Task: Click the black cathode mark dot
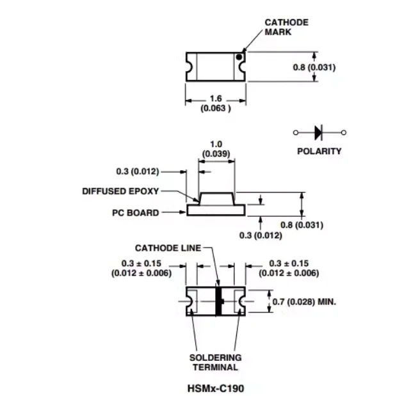tap(239, 57)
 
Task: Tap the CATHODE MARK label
tap(286, 27)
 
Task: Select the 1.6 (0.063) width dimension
tap(216, 103)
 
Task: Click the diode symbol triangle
tap(318, 132)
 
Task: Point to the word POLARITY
tap(319, 151)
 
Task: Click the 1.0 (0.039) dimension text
tap(216, 149)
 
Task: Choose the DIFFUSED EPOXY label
tap(120, 191)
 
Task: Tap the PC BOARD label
tap(136, 212)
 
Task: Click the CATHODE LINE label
tap(168, 248)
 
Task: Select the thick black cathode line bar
tap(218, 301)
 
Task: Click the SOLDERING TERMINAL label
tap(215, 362)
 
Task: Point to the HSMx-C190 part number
tap(216, 388)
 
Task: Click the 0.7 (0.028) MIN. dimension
tap(304, 301)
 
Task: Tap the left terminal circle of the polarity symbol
tap(296, 132)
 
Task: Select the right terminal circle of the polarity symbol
tap(343, 132)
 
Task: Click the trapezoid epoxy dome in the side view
tap(216, 199)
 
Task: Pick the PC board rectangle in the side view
tap(216, 210)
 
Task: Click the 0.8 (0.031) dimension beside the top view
tap(314, 67)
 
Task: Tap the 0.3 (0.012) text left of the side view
tap(138, 171)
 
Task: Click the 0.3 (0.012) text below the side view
tap(261, 235)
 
